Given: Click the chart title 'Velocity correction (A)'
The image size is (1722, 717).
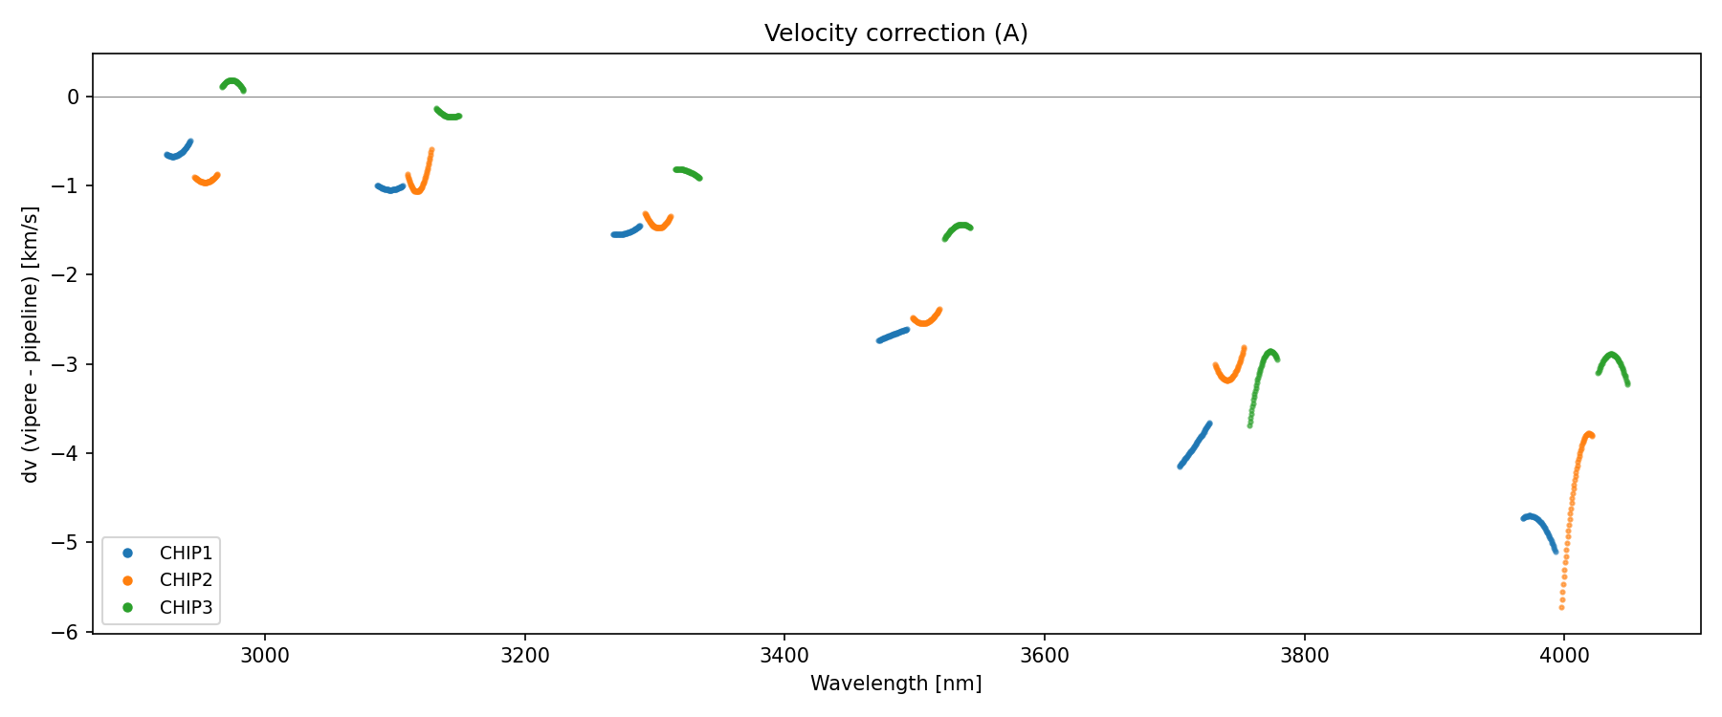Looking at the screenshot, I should tap(895, 33).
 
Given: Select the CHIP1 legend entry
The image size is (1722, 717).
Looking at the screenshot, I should tap(186, 554).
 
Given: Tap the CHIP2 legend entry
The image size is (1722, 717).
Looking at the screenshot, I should tap(186, 580).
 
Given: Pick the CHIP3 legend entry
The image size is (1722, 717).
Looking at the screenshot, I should tap(186, 607).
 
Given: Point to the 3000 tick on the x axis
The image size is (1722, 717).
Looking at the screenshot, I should tap(265, 656).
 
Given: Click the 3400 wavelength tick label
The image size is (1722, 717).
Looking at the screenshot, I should tap(784, 656).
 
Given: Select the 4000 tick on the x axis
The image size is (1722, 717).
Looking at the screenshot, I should tap(1564, 656).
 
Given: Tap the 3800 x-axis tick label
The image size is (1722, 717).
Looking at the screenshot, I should tap(1304, 656).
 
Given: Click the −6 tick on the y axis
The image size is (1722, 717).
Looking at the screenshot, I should tap(72, 633).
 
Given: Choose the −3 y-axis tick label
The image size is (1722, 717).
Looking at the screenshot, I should tap(72, 364).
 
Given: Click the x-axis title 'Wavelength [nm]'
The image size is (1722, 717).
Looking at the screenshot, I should tap(895, 684).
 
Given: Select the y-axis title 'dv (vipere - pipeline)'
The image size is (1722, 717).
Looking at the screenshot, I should tap(31, 344).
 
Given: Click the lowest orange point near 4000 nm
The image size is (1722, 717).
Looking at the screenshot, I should tap(1561, 607).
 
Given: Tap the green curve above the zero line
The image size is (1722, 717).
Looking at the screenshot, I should tap(232, 81).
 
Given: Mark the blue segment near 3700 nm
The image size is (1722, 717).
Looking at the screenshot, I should tap(1194, 445).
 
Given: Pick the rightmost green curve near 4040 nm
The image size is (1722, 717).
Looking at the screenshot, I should tap(1612, 356).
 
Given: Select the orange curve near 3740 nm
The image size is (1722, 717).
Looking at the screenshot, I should tap(1227, 379).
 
